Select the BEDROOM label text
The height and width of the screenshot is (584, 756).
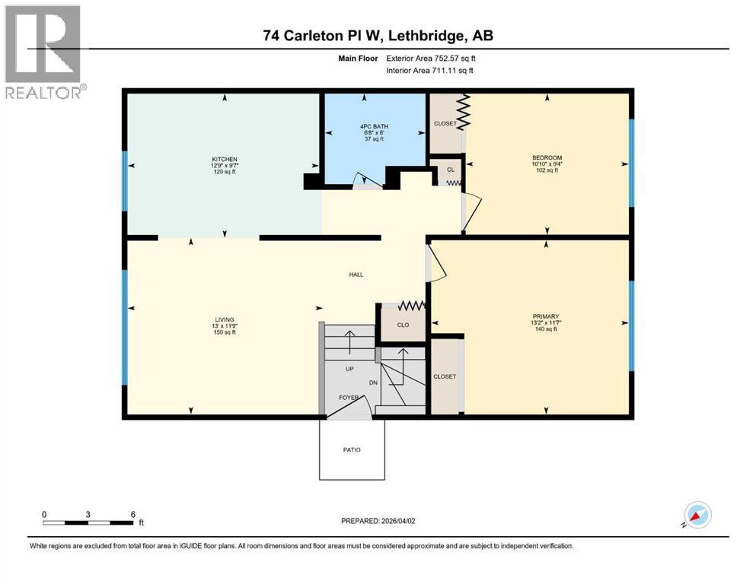point(547,157)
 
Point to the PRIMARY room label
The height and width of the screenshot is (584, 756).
point(547,316)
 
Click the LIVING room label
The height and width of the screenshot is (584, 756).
point(224,319)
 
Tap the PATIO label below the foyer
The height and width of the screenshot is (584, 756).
point(351,449)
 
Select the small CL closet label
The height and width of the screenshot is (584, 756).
point(450,170)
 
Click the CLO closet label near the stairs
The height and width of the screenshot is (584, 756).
point(403,325)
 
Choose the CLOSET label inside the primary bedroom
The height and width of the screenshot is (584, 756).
point(445,376)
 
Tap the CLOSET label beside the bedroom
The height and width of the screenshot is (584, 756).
point(445,123)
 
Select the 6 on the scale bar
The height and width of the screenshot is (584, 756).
point(133,514)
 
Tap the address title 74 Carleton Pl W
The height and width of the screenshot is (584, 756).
point(377,36)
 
